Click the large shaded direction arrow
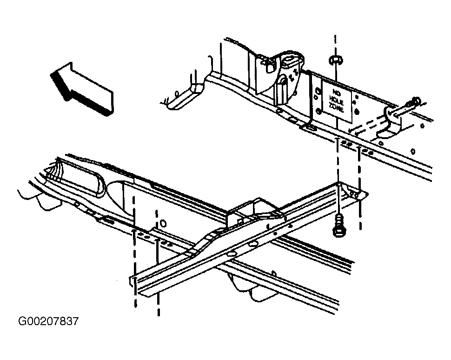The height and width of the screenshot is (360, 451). (82, 89)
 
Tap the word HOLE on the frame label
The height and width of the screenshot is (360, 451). (337, 101)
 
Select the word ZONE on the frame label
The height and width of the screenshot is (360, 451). (337, 109)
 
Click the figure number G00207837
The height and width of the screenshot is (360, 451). (48, 321)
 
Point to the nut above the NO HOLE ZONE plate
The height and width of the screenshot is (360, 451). (335, 60)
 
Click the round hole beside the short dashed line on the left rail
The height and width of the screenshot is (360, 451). (163, 223)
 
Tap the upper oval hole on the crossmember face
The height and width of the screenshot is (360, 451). (253, 244)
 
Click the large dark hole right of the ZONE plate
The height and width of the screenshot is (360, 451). (357, 111)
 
